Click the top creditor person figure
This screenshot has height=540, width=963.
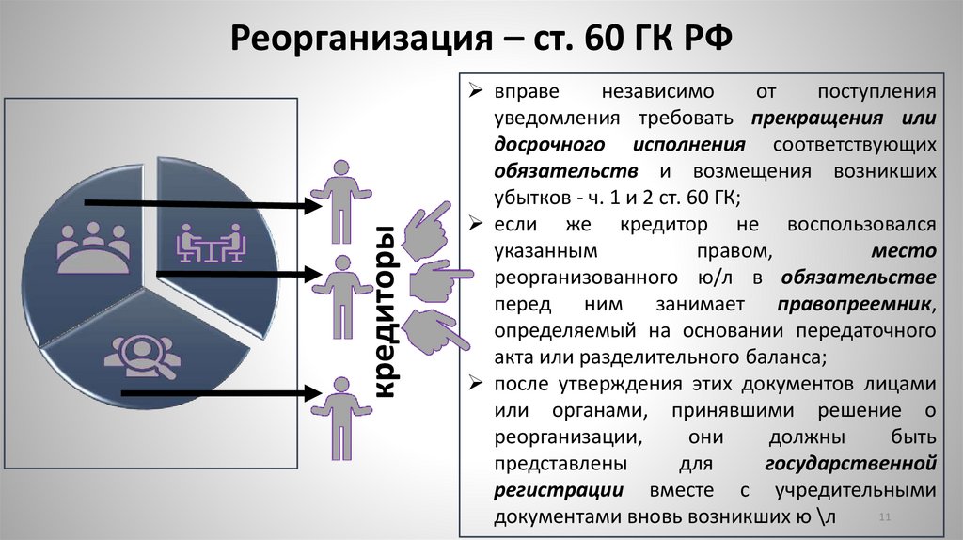337,199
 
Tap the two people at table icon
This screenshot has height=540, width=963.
211,243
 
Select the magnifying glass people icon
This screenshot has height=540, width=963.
142,357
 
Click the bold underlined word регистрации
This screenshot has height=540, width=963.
558,490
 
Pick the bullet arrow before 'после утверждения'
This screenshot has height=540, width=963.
478,385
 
